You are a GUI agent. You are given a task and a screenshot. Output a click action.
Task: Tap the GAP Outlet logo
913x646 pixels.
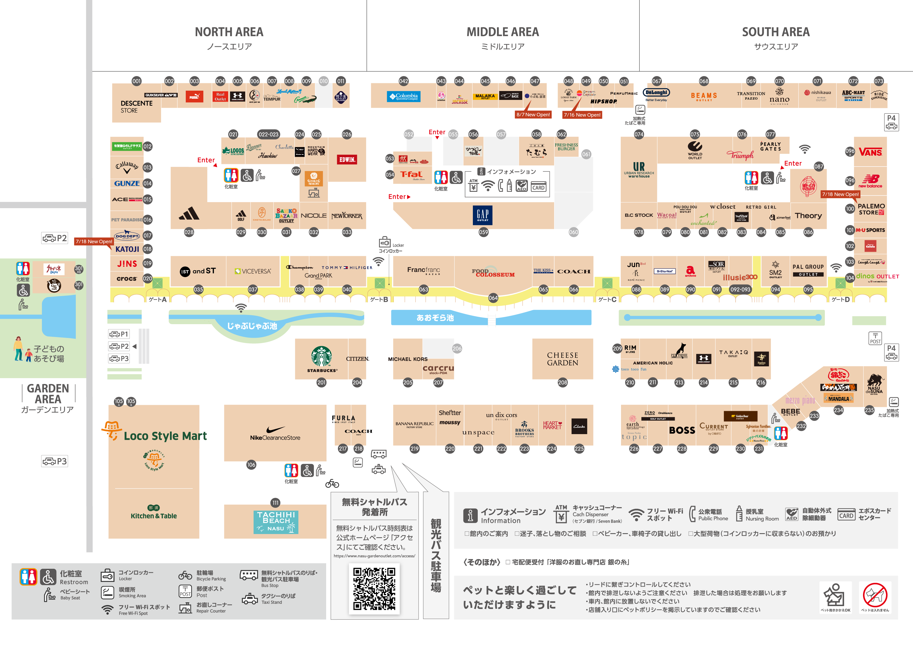click(x=483, y=215)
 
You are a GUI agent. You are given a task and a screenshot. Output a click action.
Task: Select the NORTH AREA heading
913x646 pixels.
click(x=229, y=32)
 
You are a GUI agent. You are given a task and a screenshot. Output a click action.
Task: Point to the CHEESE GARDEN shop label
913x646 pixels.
click(x=562, y=359)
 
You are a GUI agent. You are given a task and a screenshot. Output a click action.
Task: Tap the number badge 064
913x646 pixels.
click(x=493, y=298)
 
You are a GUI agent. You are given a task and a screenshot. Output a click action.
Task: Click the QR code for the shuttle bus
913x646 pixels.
click(x=374, y=588)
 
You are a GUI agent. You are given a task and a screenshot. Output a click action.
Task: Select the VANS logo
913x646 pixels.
click(x=870, y=152)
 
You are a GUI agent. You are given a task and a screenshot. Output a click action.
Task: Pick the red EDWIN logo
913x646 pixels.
click(x=347, y=160)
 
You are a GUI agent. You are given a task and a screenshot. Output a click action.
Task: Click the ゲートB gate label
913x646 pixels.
click(x=379, y=299)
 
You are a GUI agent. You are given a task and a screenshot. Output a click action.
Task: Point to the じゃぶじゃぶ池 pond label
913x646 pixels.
click(x=252, y=326)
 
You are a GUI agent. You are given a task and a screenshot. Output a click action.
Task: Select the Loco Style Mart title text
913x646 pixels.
click(x=165, y=436)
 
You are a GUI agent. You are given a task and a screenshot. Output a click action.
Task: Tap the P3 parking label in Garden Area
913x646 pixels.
click(x=55, y=461)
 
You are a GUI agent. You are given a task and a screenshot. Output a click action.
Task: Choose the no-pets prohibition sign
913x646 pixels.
click(x=875, y=595)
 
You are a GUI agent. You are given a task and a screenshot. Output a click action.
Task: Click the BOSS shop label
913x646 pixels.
click(x=682, y=430)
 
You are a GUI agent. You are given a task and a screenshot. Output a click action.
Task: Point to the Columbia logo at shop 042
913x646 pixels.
click(x=403, y=96)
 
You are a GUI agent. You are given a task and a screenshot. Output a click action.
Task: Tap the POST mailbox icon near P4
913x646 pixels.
click(x=875, y=338)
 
